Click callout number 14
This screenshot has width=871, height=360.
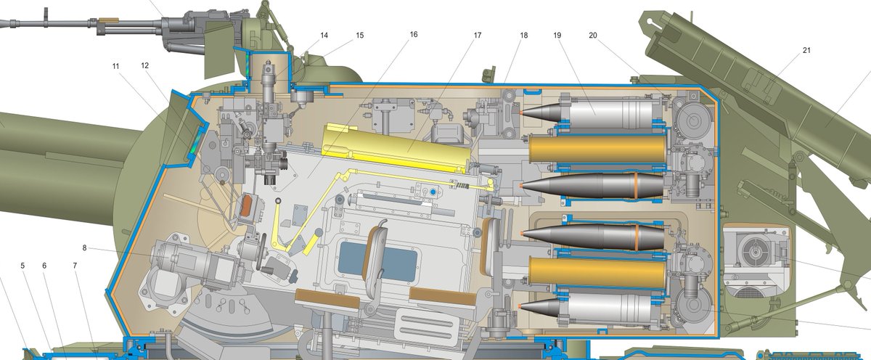pyautogui.click(x=323, y=36)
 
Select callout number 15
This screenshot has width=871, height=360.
pyautogui.click(x=360, y=36)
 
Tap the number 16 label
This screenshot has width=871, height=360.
pyautogui.click(x=413, y=35)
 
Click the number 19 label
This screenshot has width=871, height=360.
pyautogui.click(x=557, y=35)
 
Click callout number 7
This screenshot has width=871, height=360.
pyautogui.click(x=74, y=266)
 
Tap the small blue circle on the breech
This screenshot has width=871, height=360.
pyautogui.click(x=433, y=191)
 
